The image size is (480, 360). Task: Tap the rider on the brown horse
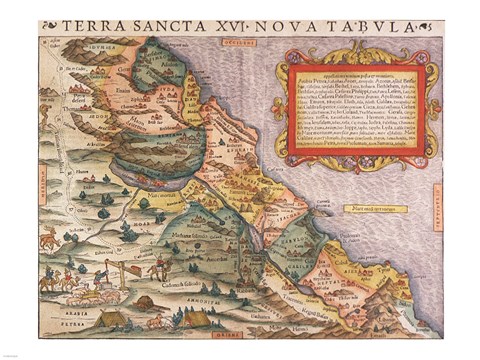tap(157, 265)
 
